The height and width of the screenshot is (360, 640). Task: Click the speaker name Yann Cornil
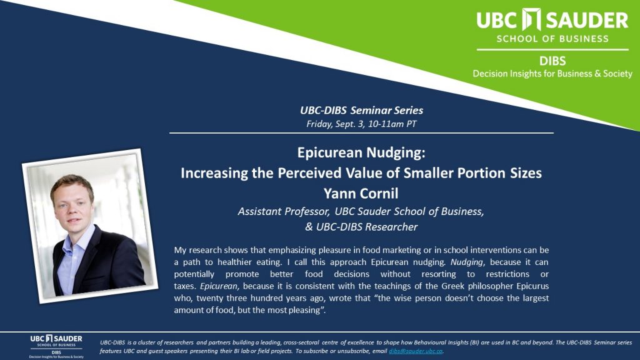361,193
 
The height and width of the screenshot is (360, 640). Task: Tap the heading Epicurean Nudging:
361,152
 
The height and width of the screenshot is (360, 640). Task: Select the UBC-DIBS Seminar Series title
361,110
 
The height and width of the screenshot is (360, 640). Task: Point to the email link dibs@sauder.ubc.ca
416,351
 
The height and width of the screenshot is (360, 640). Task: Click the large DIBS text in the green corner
552,61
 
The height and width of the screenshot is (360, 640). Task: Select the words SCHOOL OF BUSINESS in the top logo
552,39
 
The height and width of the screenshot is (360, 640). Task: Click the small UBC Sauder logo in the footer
56,346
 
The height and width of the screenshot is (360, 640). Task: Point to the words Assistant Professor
284,211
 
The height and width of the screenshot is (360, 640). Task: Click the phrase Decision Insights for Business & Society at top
552,74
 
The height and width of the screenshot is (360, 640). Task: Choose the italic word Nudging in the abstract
466,262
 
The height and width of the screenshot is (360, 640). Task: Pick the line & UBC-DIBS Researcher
361,227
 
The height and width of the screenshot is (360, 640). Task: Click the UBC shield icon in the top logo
531,19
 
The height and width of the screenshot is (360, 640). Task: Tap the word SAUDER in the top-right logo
586,21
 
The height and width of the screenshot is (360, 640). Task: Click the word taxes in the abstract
184,286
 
